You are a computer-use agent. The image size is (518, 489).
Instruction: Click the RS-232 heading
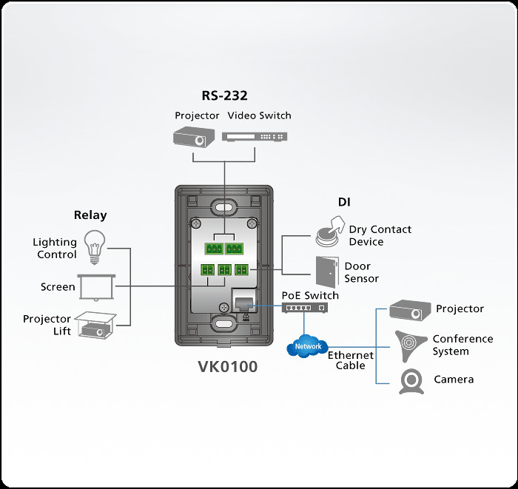(x=224, y=95)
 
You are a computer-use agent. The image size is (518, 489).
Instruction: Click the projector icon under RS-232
(x=193, y=137)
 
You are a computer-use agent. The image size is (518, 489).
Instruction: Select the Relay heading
(x=90, y=215)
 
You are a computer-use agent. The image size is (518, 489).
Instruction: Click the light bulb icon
(x=94, y=246)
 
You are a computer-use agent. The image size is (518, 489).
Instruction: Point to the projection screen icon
(x=96, y=286)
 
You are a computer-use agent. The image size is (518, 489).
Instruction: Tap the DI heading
(x=344, y=202)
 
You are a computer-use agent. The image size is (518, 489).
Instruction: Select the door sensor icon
(x=326, y=272)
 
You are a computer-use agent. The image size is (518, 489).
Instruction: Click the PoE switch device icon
(x=303, y=308)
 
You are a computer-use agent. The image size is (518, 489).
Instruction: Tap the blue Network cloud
(x=307, y=345)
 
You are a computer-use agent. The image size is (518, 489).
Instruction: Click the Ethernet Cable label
(x=351, y=360)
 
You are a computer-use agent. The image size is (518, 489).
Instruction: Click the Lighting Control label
(x=55, y=248)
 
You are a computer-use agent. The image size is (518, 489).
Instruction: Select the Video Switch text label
(x=259, y=115)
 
